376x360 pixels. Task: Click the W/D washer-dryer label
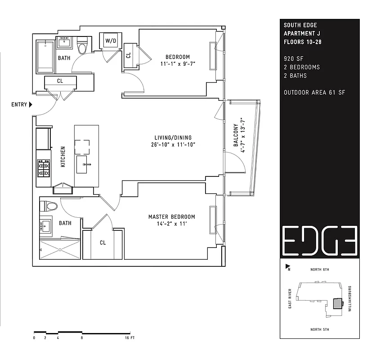[x=110, y=41]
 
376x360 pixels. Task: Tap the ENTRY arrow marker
[x=31, y=105]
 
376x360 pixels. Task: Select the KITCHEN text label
[x=63, y=157]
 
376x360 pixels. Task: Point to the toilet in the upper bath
[x=82, y=46]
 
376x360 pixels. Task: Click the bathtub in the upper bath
[x=45, y=57]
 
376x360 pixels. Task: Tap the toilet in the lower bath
[x=49, y=207]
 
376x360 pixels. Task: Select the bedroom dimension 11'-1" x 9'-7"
[x=178, y=64]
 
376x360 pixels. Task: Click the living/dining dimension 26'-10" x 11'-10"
[x=171, y=145]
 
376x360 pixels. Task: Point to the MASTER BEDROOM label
[x=171, y=217]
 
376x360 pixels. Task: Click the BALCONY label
[x=236, y=135]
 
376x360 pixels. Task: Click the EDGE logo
[x=320, y=240]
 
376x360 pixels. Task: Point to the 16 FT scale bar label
[x=130, y=337]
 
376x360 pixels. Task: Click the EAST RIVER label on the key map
[x=290, y=298]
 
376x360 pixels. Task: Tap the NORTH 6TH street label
[x=320, y=270]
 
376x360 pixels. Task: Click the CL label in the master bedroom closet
[x=103, y=243]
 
